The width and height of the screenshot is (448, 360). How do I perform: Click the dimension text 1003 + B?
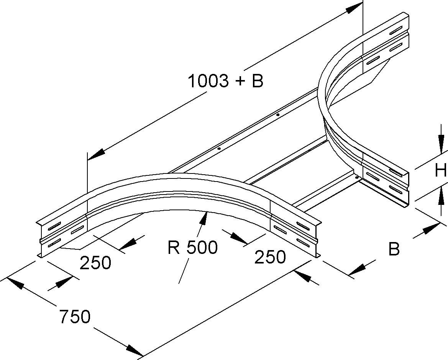pos(225,81)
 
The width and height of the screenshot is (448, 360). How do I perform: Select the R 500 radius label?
pos(192,248)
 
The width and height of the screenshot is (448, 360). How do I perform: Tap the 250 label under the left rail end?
pos(95,263)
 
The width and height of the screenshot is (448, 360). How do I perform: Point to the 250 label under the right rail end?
pos(270,257)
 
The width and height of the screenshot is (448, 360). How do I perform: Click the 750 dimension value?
pos(75,317)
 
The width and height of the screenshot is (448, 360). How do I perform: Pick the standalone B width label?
pos(394,249)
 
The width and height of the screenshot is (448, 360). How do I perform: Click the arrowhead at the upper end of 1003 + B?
pos(353,8)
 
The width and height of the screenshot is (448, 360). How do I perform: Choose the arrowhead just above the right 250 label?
pos(239,238)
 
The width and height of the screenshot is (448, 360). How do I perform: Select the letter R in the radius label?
pos(173,248)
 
